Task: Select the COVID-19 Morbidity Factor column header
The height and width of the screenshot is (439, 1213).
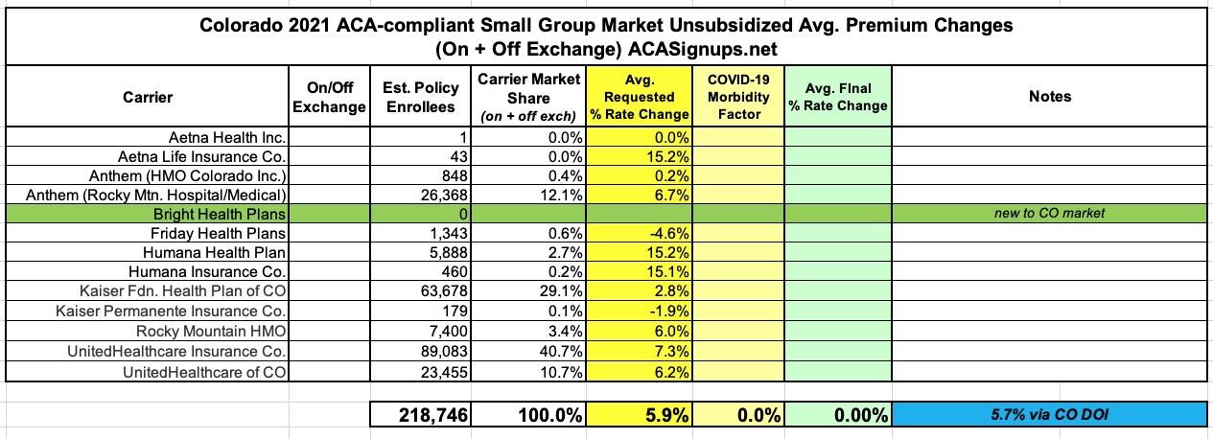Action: [739, 96]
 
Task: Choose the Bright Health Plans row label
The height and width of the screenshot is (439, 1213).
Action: [207, 213]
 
